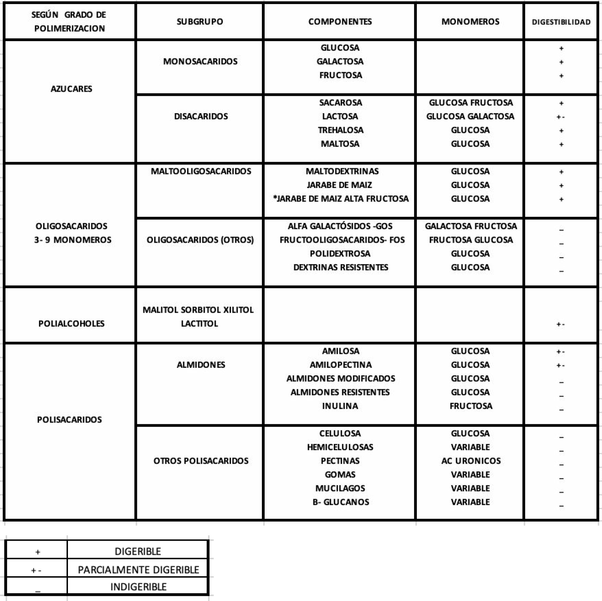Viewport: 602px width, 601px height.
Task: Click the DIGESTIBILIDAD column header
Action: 561,22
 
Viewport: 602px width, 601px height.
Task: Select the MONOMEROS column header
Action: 470,22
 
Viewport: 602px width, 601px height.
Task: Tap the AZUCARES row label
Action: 71,89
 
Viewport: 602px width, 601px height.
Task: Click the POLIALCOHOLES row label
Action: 71,324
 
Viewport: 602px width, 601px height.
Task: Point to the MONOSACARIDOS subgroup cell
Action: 200,62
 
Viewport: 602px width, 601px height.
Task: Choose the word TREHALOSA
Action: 340,130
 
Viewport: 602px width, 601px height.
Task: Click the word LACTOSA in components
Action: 340,116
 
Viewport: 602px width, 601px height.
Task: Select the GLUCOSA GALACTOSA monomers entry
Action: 470,116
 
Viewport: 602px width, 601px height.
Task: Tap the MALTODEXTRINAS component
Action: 342,171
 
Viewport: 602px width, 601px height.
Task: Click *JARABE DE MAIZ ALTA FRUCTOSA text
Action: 341,199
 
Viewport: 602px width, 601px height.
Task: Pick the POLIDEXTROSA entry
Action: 340,254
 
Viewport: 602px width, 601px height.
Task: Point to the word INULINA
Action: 340,406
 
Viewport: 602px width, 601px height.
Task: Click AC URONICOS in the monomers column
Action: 471,461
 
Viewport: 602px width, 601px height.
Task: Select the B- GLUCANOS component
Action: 341,502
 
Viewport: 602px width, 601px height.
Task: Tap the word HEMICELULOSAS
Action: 340,447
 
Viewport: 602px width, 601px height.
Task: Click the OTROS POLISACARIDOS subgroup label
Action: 201,461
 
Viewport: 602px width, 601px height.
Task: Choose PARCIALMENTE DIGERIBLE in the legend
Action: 138,570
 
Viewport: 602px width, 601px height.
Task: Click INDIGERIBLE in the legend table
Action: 138,587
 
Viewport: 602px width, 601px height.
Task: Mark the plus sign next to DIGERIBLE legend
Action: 38,552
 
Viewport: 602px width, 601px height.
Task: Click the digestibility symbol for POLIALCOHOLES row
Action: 561,324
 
